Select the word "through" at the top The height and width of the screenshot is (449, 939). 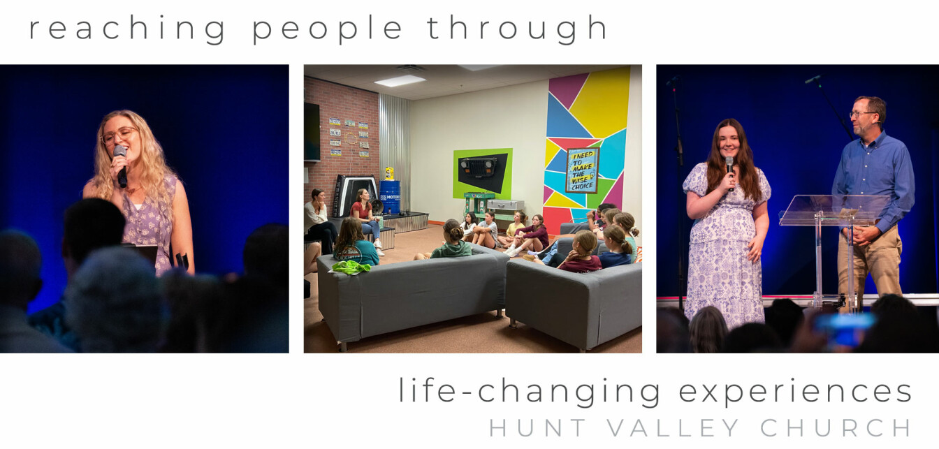click(516, 29)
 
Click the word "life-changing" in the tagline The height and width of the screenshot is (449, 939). click(529, 392)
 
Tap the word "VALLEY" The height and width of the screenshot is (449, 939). click(674, 428)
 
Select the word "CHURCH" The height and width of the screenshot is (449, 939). click(836, 428)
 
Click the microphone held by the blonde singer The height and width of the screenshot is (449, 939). click(121, 165)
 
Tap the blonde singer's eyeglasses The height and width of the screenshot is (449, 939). click(119, 135)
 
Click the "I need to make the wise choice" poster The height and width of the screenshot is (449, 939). click(582, 170)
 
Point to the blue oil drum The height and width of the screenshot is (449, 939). click(390, 197)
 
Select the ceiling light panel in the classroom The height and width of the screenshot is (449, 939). click(400, 81)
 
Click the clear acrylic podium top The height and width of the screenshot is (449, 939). click(834, 209)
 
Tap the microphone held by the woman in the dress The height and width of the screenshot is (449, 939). click(730, 172)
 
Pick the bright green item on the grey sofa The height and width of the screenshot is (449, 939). click(351, 267)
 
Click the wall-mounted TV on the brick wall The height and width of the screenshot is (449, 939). click(312, 131)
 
